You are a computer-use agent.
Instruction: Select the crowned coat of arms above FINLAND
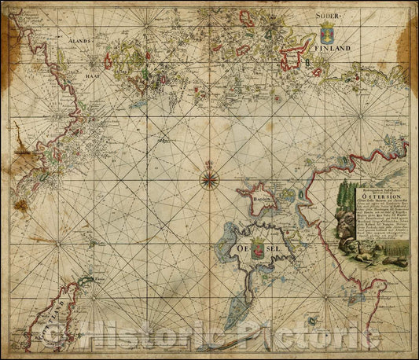click(326, 32)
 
